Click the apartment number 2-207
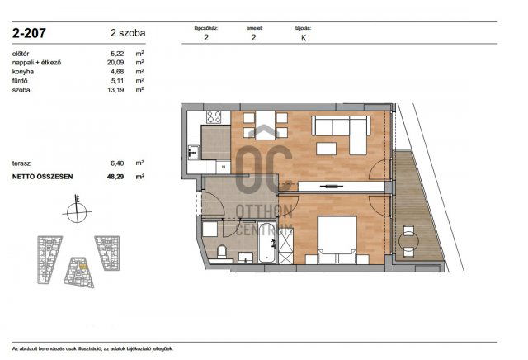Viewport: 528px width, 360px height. tap(30, 34)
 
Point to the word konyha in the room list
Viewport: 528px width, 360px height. tap(25, 71)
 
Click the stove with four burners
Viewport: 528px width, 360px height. tap(214, 117)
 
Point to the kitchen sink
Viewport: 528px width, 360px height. tap(193, 151)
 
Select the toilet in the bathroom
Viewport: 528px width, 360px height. tap(220, 253)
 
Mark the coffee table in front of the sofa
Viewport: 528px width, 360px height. tap(327, 149)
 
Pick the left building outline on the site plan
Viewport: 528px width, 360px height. tap(47, 256)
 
